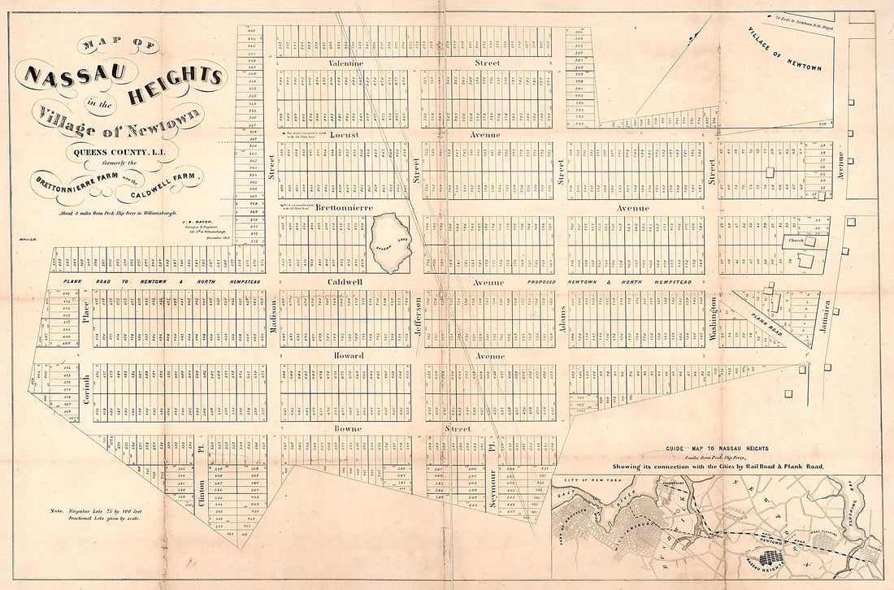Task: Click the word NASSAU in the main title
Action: click(x=75, y=75)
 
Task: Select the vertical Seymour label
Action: click(x=493, y=486)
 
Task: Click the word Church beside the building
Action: click(x=792, y=241)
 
